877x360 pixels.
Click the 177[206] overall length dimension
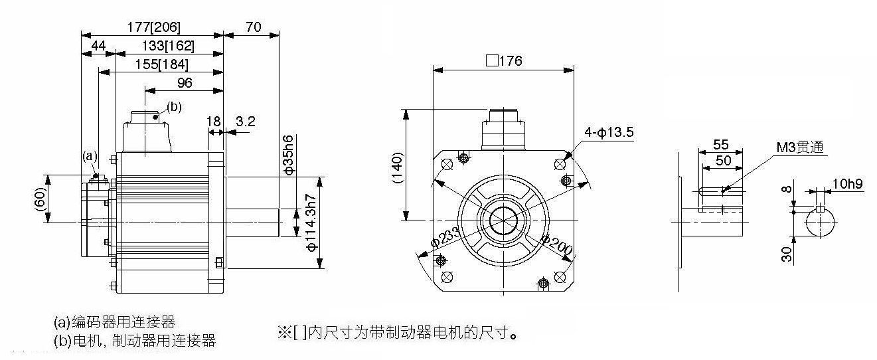pyautogui.click(x=154, y=27)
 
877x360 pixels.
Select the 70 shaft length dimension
pyautogui.click(x=254, y=27)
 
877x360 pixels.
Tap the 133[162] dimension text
pyautogui.click(x=168, y=46)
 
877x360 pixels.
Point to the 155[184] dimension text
pyautogui.click(x=162, y=64)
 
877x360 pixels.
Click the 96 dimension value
pyautogui.click(x=185, y=82)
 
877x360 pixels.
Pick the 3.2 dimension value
pyautogui.click(x=246, y=122)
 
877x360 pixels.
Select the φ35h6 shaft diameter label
pyautogui.click(x=288, y=155)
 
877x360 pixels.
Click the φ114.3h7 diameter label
pyautogui.click(x=311, y=223)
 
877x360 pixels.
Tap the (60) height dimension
pyautogui.click(x=40, y=199)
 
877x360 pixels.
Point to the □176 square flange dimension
pyautogui.click(x=504, y=60)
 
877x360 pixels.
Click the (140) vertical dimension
pyautogui.click(x=397, y=167)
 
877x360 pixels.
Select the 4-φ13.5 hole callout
pyautogui.click(x=609, y=132)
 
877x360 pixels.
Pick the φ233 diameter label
pyautogui.click(x=445, y=237)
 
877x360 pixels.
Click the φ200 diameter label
pyautogui.click(x=557, y=245)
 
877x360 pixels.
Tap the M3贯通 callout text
pyautogui.click(x=800, y=147)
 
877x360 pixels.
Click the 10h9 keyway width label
pyautogui.click(x=847, y=183)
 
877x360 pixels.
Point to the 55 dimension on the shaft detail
pyautogui.click(x=721, y=144)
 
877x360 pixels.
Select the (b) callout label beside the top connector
pyautogui.click(x=174, y=106)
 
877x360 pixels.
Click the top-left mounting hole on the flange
pyautogui.click(x=447, y=164)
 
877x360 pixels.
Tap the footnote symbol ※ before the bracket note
pyautogui.click(x=284, y=333)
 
